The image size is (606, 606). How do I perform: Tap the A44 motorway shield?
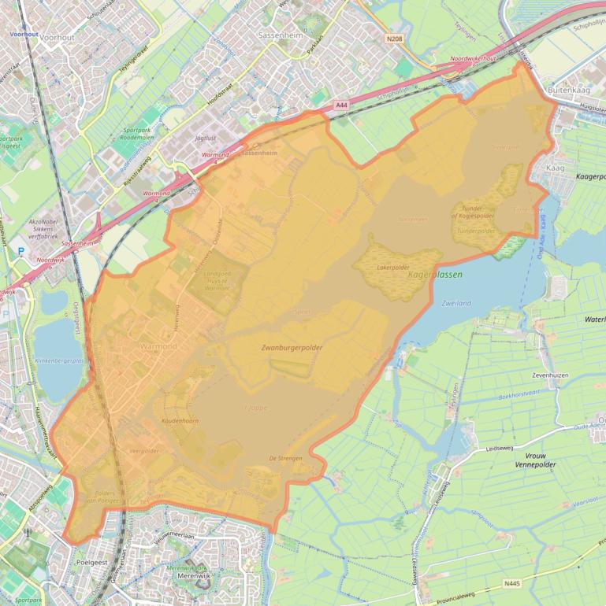click(x=340, y=105)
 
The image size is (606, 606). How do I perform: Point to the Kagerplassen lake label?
click(x=435, y=275)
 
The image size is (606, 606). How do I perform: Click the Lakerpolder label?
click(x=395, y=268)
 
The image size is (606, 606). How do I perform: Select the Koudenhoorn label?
click(x=180, y=422)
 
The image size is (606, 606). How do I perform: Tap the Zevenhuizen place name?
click(x=550, y=375)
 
